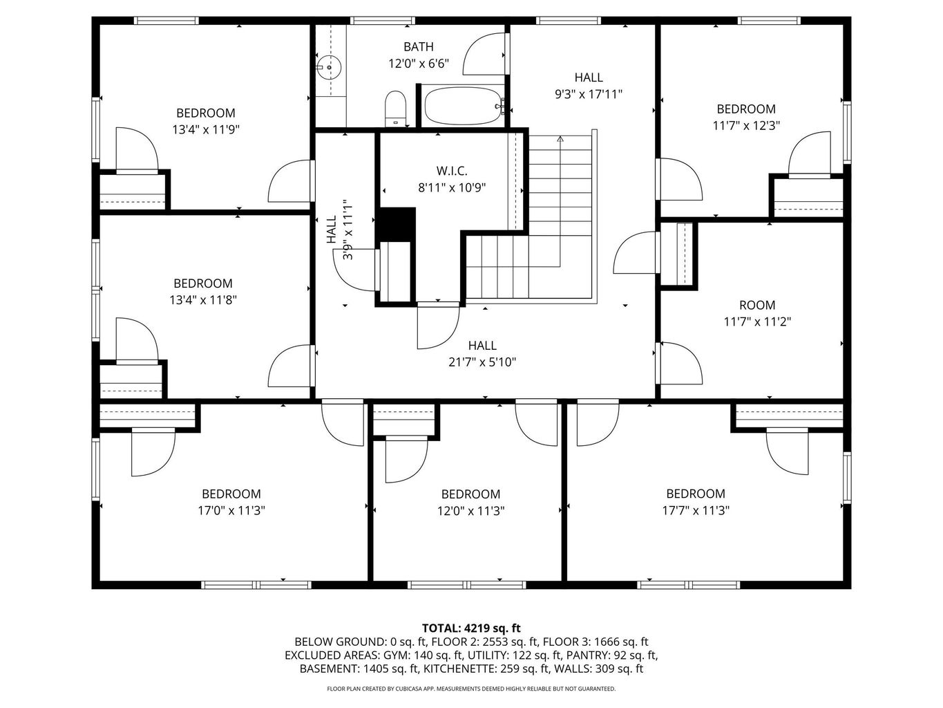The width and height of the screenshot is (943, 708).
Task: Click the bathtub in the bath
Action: pyautogui.click(x=461, y=106)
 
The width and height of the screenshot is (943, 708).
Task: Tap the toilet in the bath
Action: pyautogui.click(x=395, y=109)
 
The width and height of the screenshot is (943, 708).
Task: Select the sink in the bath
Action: pyautogui.click(x=330, y=67)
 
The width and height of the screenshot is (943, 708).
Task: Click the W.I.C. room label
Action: pyautogui.click(x=452, y=170)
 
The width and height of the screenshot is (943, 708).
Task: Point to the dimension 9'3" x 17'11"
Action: pyautogui.click(x=589, y=95)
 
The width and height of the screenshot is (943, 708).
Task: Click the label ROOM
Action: pyautogui.click(x=757, y=305)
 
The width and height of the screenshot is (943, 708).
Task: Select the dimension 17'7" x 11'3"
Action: pyautogui.click(x=695, y=510)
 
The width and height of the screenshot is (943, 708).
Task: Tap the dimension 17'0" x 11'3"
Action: pyautogui.click(x=231, y=511)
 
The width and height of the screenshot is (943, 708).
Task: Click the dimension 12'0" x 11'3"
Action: pyautogui.click(x=470, y=511)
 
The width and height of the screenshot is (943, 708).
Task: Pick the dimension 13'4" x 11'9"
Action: pyautogui.click(x=206, y=129)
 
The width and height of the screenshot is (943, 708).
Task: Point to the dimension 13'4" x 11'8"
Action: pyautogui.click(x=203, y=300)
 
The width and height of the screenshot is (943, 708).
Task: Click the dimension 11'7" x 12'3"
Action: pyautogui.click(x=746, y=126)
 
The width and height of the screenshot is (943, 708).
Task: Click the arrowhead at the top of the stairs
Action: pyautogui.click(x=560, y=139)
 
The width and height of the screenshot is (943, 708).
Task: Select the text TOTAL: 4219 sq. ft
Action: pyautogui.click(x=471, y=628)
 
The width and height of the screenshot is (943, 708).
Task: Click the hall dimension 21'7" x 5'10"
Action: pyautogui.click(x=482, y=362)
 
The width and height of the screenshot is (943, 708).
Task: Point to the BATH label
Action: pyautogui.click(x=419, y=47)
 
